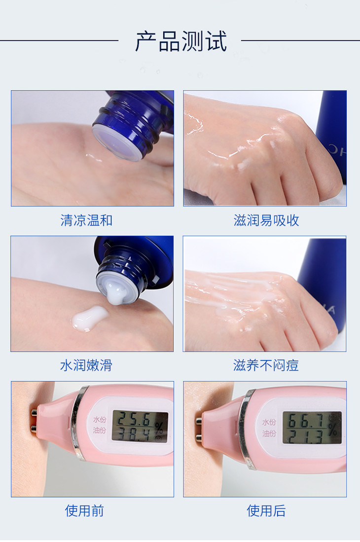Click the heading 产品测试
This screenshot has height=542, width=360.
pyautogui.click(x=180, y=41)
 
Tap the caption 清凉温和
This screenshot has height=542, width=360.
pyautogui.click(x=86, y=220)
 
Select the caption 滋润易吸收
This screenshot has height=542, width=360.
pyautogui.click(x=266, y=220)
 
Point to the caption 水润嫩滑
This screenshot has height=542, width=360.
pyautogui.click(x=86, y=365)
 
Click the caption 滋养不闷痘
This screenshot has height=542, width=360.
pyautogui.click(x=266, y=365)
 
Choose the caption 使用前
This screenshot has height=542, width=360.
pyautogui.click(x=84, y=510)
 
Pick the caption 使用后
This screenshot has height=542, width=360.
pyautogui.click(x=266, y=510)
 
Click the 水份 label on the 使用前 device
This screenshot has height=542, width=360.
pyautogui.click(x=100, y=420)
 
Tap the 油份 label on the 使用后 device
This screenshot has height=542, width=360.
pyautogui.click(x=269, y=434)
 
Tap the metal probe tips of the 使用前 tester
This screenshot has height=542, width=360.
pyautogui.click(x=34, y=421)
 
